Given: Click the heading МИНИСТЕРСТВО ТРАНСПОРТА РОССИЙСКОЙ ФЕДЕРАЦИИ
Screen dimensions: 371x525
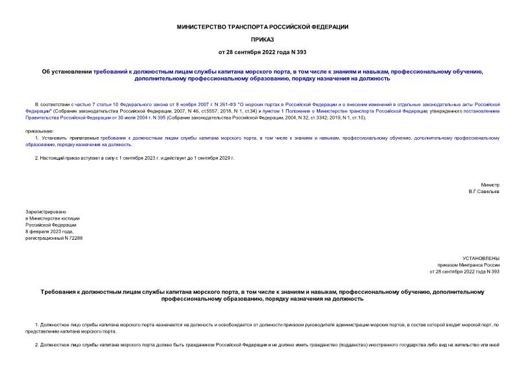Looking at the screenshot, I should (x=262, y=27).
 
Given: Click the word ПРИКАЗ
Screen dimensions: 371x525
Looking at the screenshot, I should (x=262, y=39).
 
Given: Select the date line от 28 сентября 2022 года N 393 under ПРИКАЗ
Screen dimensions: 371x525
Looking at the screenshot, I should (x=262, y=51).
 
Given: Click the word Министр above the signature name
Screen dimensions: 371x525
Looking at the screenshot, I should (x=490, y=185).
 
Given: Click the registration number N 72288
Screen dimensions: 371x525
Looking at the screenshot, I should (x=72, y=238).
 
